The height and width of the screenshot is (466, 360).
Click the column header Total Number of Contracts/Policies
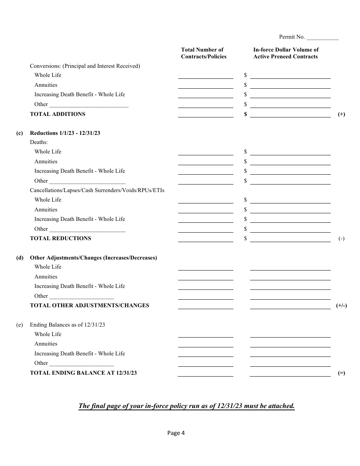tap(204, 53)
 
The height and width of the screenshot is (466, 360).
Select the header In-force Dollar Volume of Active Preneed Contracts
tap(286, 53)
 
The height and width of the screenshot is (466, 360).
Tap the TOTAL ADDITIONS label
tap(58, 114)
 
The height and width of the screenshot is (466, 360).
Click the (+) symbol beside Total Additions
tap(341, 114)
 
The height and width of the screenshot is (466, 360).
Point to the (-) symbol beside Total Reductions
tap(341, 239)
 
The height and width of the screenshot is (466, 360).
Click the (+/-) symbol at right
tap(341, 306)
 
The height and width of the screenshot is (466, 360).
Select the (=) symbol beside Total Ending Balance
tap(341, 373)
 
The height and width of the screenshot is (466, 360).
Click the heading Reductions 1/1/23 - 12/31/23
tap(65, 133)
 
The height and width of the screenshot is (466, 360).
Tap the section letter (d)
tap(20, 258)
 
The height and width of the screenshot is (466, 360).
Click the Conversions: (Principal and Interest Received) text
tap(85, 66)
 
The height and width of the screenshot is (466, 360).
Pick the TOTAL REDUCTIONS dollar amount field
tap(290, 239)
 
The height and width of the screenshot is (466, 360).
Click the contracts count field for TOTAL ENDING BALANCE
tap(206, 373)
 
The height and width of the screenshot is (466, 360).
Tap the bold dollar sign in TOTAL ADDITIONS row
tap(246, 114)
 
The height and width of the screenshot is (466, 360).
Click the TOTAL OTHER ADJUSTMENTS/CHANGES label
tap(89, 305)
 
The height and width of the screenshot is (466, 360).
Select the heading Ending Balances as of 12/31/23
tap(67, 325)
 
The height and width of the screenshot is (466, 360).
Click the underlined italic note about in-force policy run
tap(186, 406)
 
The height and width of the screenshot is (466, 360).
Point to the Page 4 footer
tap(176, 433)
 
